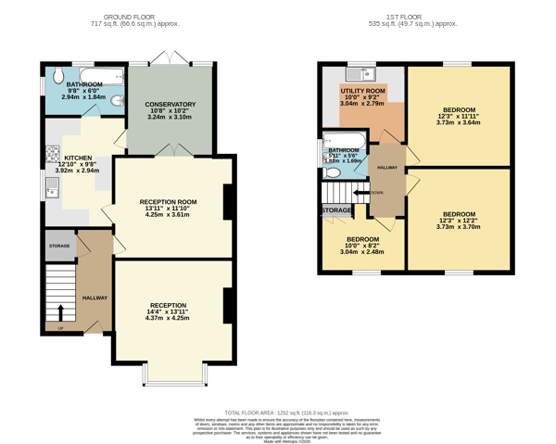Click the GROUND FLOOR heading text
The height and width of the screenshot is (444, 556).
141,17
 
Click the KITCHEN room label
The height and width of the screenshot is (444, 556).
78,159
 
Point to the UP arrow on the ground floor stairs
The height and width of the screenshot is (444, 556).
61,313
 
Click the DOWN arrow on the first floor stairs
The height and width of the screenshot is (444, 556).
359,193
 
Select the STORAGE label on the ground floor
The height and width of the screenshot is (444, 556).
59,246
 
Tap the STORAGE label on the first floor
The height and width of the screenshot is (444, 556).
336,211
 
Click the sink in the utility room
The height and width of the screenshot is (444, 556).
357,72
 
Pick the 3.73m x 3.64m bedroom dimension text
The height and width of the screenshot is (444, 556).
459,121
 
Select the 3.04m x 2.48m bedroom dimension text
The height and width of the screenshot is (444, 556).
361,252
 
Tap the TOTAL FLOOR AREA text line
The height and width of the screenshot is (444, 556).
287,412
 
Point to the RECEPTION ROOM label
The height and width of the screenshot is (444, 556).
168,202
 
